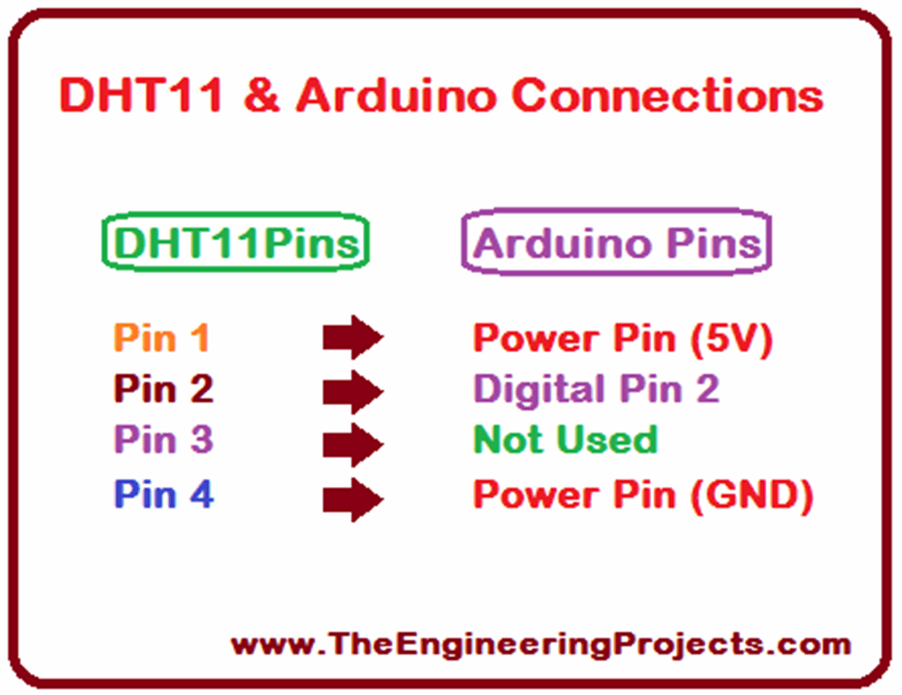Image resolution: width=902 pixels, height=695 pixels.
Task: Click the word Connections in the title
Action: pos(668,95)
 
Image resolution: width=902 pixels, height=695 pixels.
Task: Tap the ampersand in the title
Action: pos(262,95)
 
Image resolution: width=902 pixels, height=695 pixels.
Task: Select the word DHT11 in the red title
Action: pos(141,95)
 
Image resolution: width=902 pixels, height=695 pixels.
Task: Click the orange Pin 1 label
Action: pos(162,337)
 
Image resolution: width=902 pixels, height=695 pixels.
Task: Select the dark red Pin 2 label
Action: pos(164,388)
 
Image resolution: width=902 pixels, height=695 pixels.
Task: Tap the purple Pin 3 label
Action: pos(164,439)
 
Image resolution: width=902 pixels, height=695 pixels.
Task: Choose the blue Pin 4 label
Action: pos(164,493)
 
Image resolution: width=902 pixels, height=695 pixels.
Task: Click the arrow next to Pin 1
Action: pos(352,337)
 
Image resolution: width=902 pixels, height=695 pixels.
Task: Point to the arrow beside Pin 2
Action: pos(352,392)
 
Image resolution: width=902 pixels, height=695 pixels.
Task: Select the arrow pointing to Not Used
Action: pos(352,444)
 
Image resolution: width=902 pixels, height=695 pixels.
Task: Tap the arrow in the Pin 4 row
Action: pos(352,499)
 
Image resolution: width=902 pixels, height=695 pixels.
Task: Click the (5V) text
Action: pos(731,338)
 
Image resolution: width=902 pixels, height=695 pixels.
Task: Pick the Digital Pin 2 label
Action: pos(596,389)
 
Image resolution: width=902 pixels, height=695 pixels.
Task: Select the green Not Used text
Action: pos(565,440)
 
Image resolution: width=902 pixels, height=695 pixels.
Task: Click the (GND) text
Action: pos(751,495)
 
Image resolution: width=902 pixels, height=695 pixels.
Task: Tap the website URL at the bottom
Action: pos(541,645)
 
